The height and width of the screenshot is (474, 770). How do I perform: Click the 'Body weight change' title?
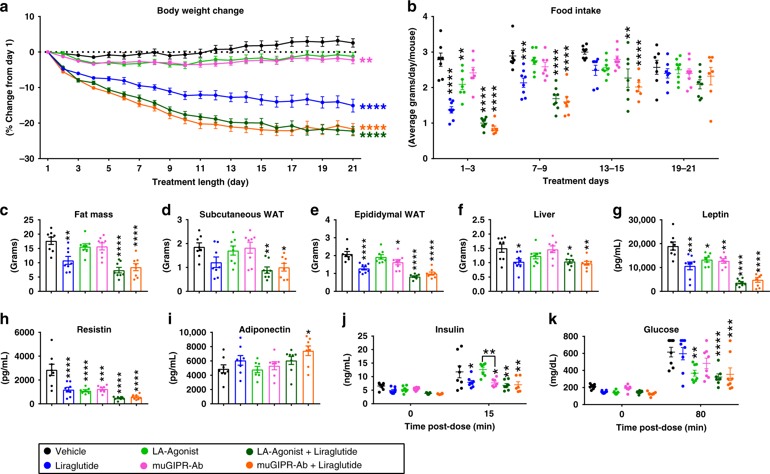click(x=200, y=11)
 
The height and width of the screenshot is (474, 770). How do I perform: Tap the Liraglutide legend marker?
click(x=47, y=465)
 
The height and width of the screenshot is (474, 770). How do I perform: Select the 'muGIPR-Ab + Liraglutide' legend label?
click(x=309, y=465)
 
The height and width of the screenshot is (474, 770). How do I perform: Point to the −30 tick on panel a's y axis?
click(x=27, y=158)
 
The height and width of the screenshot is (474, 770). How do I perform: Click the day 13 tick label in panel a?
click(x=231, y=169)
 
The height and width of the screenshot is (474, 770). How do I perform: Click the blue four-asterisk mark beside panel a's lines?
click(x=373, y=107)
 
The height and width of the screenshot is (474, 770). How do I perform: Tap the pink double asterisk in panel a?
click(x=366, y=61)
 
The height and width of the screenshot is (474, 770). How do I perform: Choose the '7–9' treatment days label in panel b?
click(x=539, y=168)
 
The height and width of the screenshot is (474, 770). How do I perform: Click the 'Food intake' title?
click(x=575, y=11)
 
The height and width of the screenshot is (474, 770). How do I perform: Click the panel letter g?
click(x=617, y=211)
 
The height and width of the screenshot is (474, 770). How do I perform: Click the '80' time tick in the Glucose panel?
click(x=700, y=414)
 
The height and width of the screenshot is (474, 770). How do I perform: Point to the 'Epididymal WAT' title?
click(x=389, y=214)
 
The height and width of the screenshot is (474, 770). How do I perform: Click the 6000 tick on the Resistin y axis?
click(x=24, y=332)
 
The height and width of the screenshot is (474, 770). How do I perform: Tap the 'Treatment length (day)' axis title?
click(x=200, y=182)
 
